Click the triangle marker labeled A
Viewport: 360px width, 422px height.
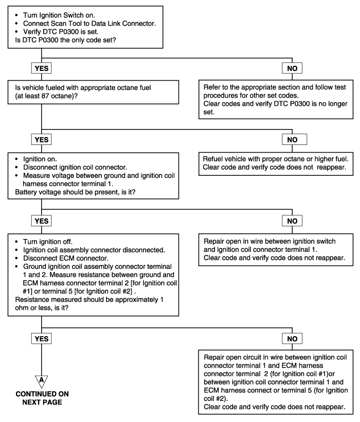coord(42,381)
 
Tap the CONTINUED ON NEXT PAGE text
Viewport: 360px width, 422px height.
coord(42,398)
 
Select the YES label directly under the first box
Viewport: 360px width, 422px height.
coord(42,68)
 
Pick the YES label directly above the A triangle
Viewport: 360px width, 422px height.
coord(42,339)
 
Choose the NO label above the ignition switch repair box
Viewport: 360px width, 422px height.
coord(292,221)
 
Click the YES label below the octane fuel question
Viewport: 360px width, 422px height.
coord(42,140)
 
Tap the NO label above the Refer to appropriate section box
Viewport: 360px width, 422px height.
coord(292,68)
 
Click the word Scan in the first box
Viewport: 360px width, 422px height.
coord(58,24)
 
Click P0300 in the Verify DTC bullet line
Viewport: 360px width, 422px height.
coord(69,32)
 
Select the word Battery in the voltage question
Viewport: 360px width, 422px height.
coord(26,192)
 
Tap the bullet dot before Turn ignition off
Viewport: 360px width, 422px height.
coord(16,242)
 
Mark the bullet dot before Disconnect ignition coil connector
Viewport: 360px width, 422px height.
coord(16,168)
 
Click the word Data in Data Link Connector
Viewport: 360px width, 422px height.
coord(99,24)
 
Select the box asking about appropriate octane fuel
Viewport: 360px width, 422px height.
coord(93,92)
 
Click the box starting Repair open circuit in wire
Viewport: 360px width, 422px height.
coord(276,382)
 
